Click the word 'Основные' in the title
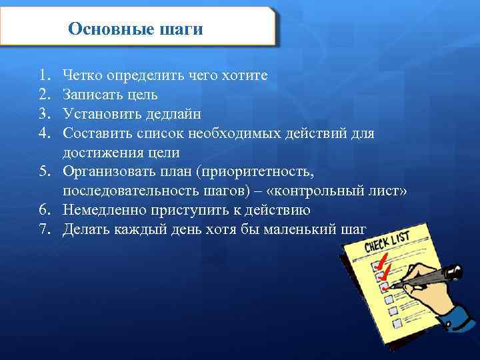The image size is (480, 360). [109, 29]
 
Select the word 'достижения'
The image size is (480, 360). [99, 153]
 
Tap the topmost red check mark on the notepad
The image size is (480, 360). [383, 259]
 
